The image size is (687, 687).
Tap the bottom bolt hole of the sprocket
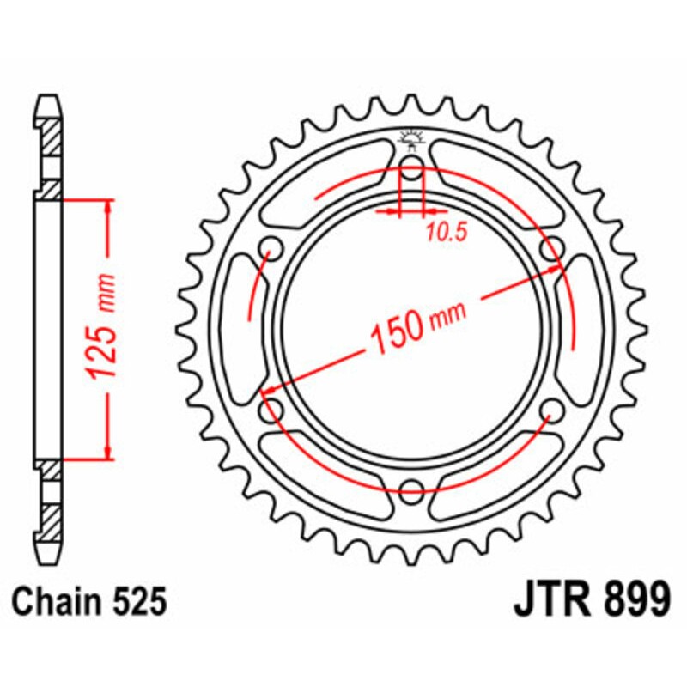coord(411,491)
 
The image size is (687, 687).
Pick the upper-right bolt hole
coord(552,249)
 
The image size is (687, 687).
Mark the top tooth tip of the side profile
coord(49,96)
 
